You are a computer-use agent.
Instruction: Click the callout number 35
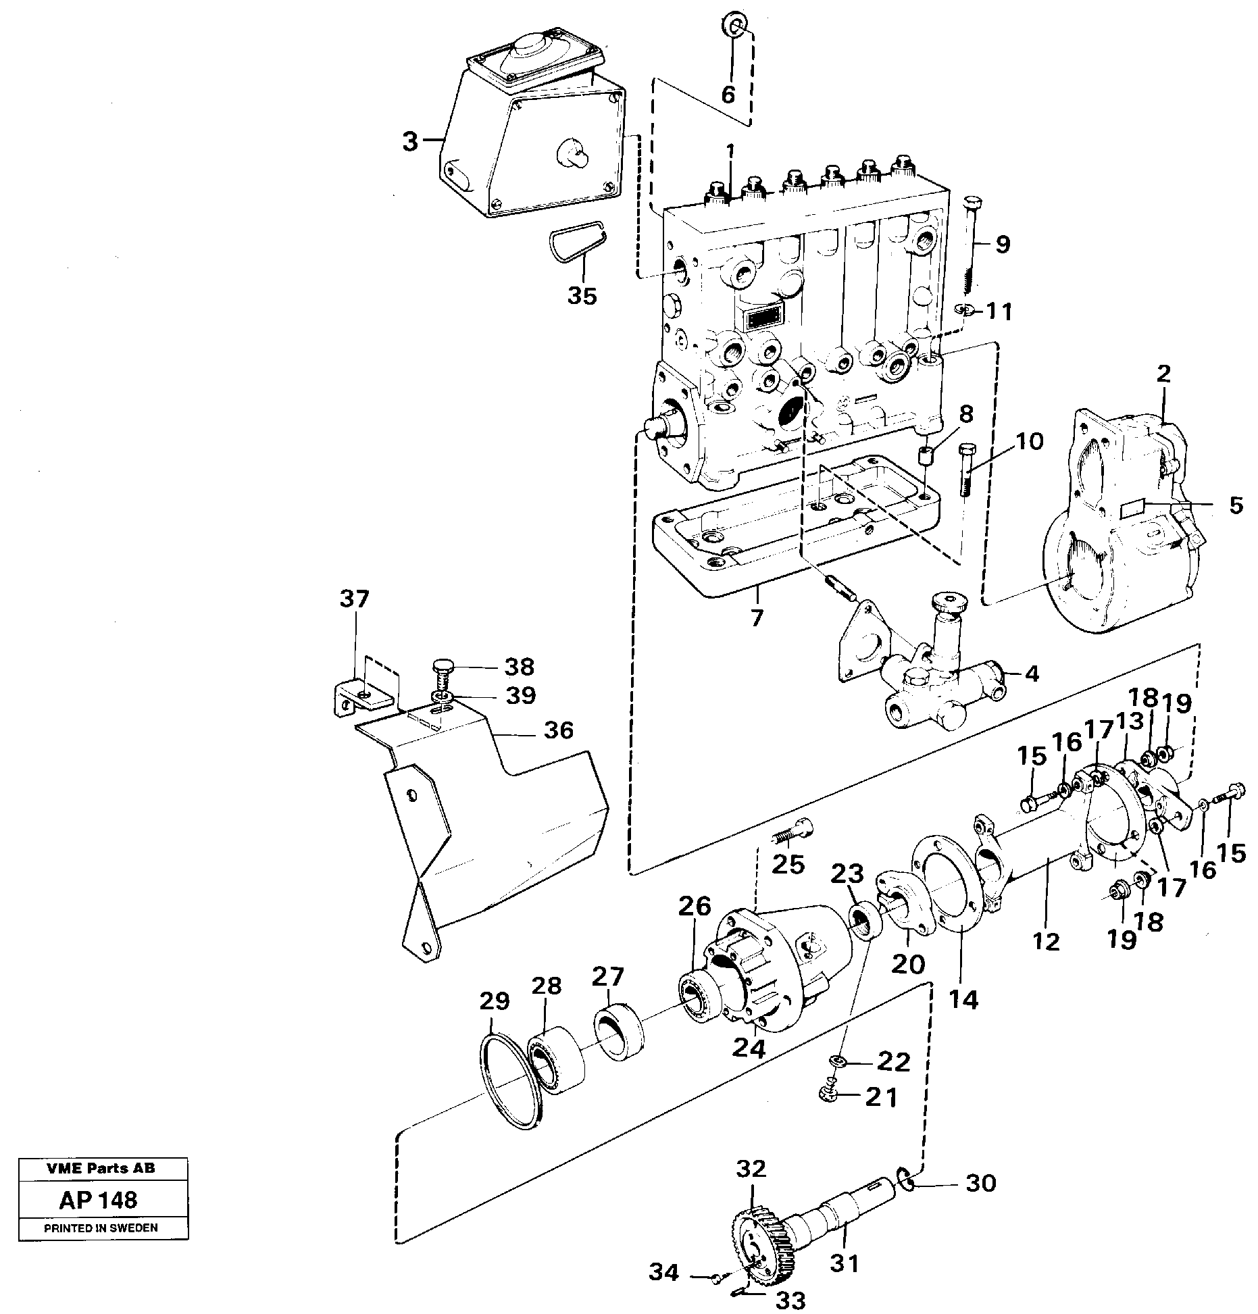click(x=582, y=295)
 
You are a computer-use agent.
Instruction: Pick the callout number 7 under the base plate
click(x=756, y=616)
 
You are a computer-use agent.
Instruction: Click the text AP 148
click(x=98, y=1200)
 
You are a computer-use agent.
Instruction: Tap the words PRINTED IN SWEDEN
click(x=101, y=1228)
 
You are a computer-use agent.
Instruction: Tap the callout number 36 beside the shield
click(x=557, y=730)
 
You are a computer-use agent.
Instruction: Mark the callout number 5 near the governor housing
click(x=1236, y=505)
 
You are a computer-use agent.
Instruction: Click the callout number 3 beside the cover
click(x=410, y=142)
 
